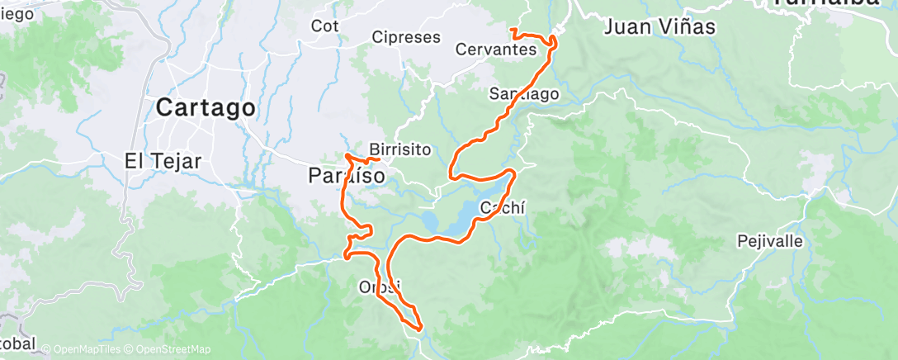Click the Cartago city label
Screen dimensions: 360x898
click(x=206, y=107)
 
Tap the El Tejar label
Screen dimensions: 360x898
click(x=163, y=161)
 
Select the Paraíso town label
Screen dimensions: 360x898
click(x=346, y=175)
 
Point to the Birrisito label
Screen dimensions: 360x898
click(x=401, y=149)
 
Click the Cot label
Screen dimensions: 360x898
click(x=325, y=26)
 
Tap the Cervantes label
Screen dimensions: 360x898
click(x=495, y=50)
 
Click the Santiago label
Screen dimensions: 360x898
click(x=524, y=93)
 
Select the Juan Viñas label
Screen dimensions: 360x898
click(x=659, y=26)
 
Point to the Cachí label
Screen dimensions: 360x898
click(x=503, y=207)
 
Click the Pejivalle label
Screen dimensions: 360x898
click(x=773, y=242)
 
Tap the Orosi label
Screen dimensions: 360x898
click(x=380, y=287)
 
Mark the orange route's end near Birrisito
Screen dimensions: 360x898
click(x=377, y=158)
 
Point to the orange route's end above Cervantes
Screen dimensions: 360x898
click(x=513, y=31)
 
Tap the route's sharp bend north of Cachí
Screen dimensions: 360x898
click(x=514, y=172)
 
